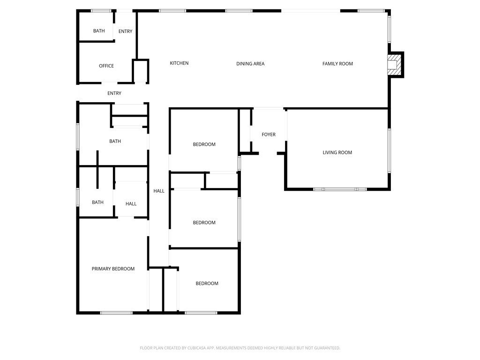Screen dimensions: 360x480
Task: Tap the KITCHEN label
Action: pos(179,63)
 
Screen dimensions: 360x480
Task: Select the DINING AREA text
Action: pos(250,64)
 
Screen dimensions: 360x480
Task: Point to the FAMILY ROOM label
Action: pos(337,64)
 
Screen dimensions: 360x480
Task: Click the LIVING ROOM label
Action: pos(337,152)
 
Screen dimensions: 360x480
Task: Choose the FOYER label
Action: pos(269,135)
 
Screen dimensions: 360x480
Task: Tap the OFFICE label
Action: pos(106,66)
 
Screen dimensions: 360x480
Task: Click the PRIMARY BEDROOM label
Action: pos(113,269)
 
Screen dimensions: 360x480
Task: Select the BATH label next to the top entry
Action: pos(99,31)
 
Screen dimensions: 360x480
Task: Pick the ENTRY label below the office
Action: pos(114,93)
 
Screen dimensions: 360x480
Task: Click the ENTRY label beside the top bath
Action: pos(125,31)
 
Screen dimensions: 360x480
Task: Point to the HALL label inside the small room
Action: pos(131,204)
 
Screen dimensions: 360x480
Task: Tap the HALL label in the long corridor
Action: pos(159,191)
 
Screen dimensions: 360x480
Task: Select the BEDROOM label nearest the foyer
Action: pos(204,144)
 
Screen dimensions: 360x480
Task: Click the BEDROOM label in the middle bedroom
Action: pos(204,223)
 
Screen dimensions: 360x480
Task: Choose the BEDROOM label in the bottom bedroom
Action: pos(207,284)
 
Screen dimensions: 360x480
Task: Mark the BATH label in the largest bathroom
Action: pos(115,141)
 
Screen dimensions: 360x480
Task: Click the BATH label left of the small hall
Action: pos(97,202)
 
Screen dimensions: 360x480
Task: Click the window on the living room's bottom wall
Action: pos(340,189)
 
